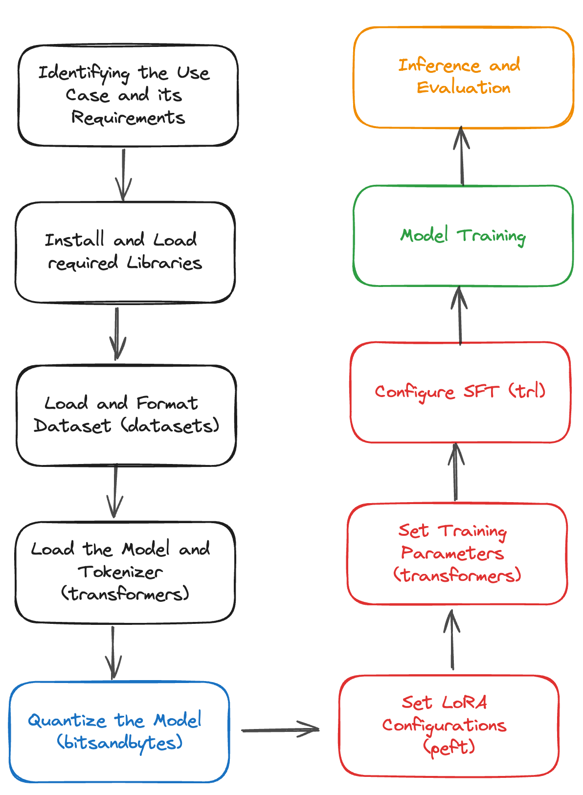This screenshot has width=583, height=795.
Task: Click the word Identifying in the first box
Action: pyautogui.click(x=84, y=73)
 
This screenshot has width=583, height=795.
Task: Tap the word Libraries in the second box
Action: pyautogui.click(x=164, y=263)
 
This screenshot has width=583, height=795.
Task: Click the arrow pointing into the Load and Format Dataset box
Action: pyautogui.click(x=117, y=333)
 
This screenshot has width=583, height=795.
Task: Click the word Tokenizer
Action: pyautogui.click(x=120, y=572)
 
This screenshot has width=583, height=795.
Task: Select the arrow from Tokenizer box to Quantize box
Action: pyautogui.click(x=113, y=652)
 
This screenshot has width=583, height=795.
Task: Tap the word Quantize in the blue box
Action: pyautogui.click(x=67, y=721)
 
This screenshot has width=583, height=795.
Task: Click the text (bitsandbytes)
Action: pyautogui.click(x=120, y=743)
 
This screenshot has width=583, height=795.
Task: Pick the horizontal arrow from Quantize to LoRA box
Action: pyautogui.click(x=280, y=729)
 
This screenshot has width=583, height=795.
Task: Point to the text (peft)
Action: pyautogui.click(x=449, y=747)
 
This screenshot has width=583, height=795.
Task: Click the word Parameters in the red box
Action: pyautogui.click(x=452, y=553)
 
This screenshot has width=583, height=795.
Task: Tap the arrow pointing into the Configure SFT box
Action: pyautogui.click(x=456, y=472)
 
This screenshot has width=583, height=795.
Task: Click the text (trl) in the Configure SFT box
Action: pyautogui.click(x=527, y=391)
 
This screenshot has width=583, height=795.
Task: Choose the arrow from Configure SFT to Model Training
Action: pyautogui.click(x=459, y=315)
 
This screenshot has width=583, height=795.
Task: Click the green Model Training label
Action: pyautogui.click(x=463, y=236)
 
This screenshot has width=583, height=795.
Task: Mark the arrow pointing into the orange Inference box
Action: pyautogui.click(x=462, y=156)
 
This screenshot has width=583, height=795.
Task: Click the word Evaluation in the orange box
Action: pyautogui.click(x=463, y=88)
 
